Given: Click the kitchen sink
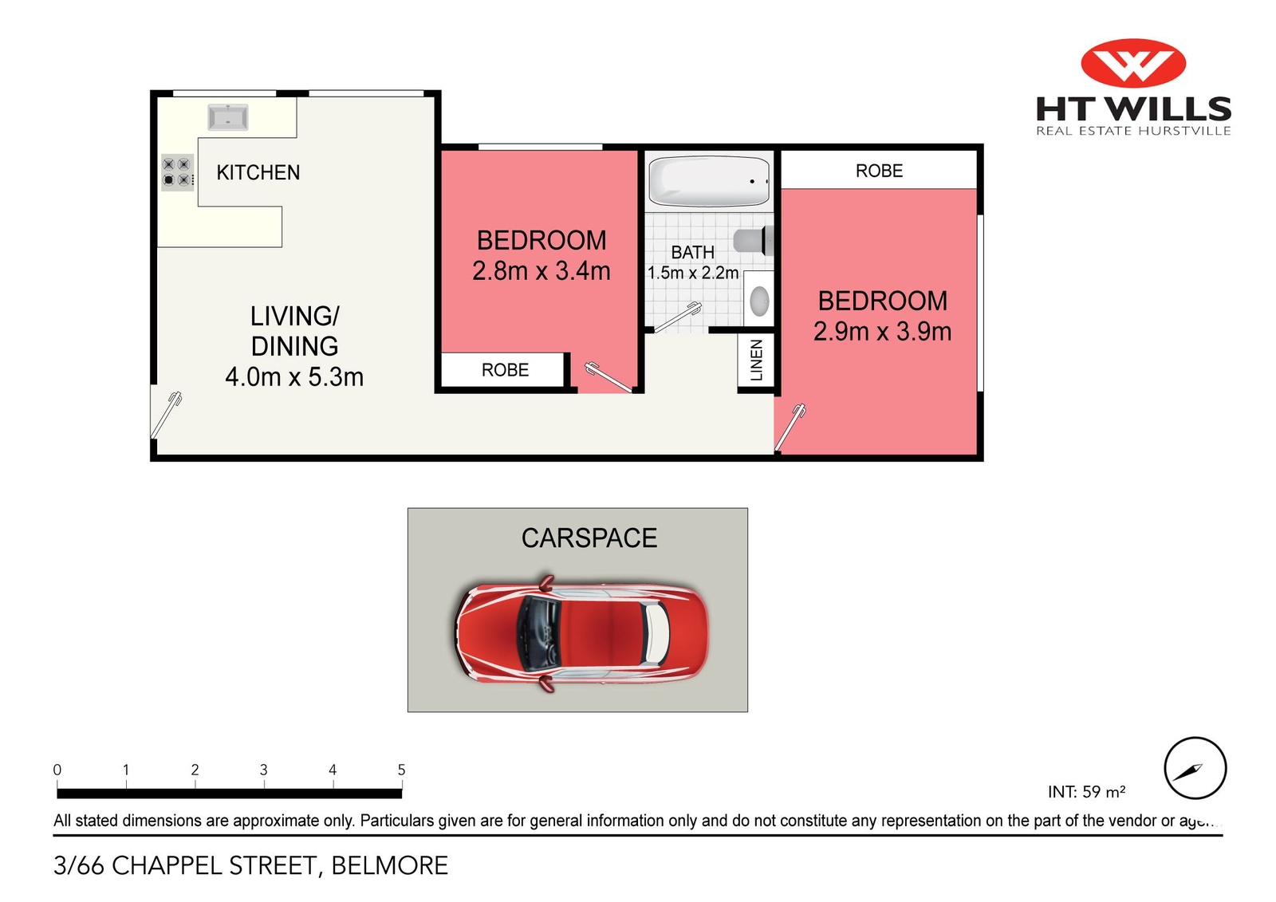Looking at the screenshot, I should pos(228,118).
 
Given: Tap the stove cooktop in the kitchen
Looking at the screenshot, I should pos(177,172).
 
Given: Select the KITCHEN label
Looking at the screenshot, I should pos(258,172).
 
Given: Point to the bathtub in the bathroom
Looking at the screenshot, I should pos(708,181).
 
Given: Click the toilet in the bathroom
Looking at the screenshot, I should pos(753,240).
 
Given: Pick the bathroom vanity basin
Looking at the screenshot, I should pos(759,301).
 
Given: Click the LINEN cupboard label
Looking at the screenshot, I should pos(757,360).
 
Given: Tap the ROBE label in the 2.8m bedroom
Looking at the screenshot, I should pos(505,370).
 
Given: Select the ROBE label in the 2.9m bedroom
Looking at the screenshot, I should pos(879,171).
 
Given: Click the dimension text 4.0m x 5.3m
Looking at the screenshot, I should pos(294,376).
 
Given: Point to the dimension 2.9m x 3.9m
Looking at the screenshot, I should pos(882,331).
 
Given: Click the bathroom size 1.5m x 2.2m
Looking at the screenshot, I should pos(692,273).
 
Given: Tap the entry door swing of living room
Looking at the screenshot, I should pos(167,415).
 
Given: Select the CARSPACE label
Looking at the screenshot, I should pos(589,538).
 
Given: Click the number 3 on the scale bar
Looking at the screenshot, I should pos(263,770).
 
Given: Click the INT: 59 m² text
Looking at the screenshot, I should pos(1086,792).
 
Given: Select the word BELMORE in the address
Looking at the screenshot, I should pos(389,865).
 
